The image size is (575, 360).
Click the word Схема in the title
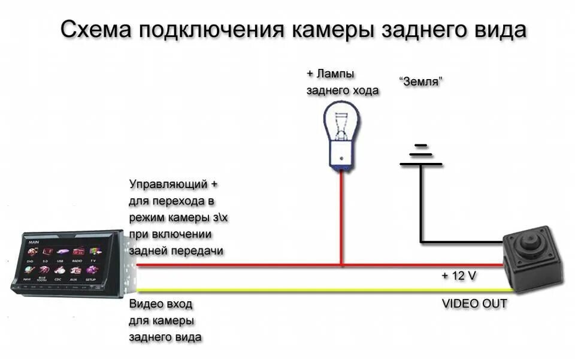coord(97,30)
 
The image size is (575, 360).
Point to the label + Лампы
coord(330,74)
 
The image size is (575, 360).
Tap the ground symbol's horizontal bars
coord(421,155)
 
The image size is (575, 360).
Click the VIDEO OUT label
coord(474,304)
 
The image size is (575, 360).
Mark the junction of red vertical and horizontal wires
coord(341,265)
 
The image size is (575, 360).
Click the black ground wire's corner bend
coord(422,242)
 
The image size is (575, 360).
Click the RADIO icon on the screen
coord(77,253)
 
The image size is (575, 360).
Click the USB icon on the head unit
coord(60,253)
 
